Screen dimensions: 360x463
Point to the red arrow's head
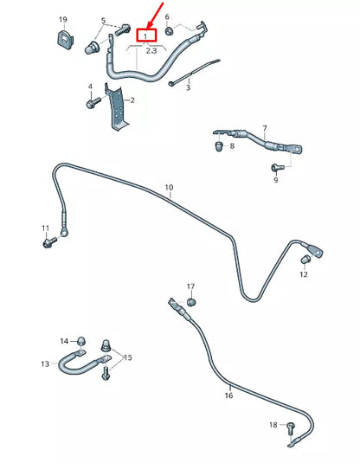[x=151, y=25]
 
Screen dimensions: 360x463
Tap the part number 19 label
[x=63, y=20]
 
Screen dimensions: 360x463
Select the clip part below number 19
[x=65, y=39]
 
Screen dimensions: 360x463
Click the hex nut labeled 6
[x=170, y=30]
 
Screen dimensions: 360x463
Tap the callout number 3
[x=188, y=87]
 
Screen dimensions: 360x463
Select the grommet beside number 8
[x=219, y=146]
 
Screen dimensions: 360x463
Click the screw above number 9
[x=277, y=168]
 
